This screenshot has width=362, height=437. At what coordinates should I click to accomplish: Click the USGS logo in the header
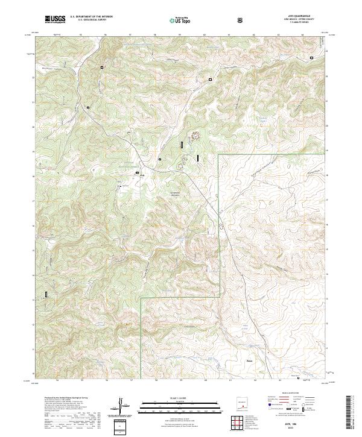point(56,19)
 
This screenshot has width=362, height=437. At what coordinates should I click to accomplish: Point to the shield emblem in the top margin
point(241,20)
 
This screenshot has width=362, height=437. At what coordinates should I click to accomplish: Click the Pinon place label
point(250,362)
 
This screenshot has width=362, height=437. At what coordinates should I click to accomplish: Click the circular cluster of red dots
point(195,137)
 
